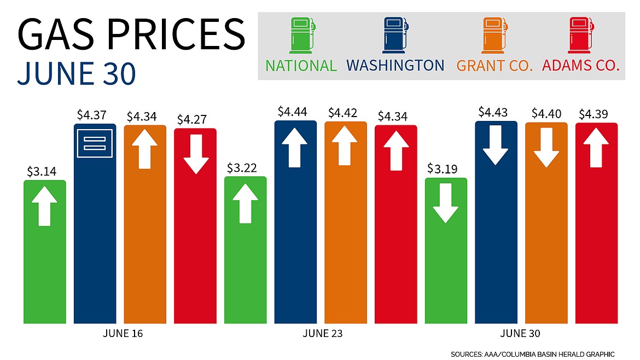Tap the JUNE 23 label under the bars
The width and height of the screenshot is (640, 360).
point(322,333)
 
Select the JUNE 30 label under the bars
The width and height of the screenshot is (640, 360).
point(521,333)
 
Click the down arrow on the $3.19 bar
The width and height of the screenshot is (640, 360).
point(446,203)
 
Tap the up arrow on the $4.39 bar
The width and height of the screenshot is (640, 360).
point(597,147)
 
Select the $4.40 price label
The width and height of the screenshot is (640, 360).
point(546,114)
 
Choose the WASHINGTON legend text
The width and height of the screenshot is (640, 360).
point(395,66)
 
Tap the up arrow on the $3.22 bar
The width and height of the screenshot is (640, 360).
point(246,203)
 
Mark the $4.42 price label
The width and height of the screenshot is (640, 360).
point(346,113)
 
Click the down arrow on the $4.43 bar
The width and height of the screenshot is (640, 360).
point(496,145)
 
